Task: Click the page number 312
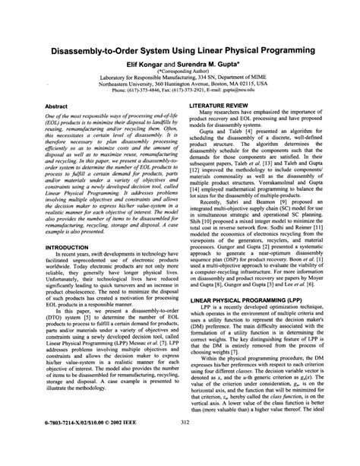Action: [x=179, y=444]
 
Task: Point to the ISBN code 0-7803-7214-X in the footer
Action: [x=65, y=444]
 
